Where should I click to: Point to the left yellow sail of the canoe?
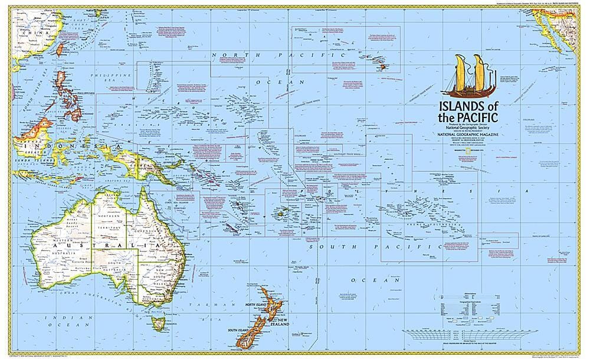tap(461, 71)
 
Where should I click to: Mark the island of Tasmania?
tap(157, 322)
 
